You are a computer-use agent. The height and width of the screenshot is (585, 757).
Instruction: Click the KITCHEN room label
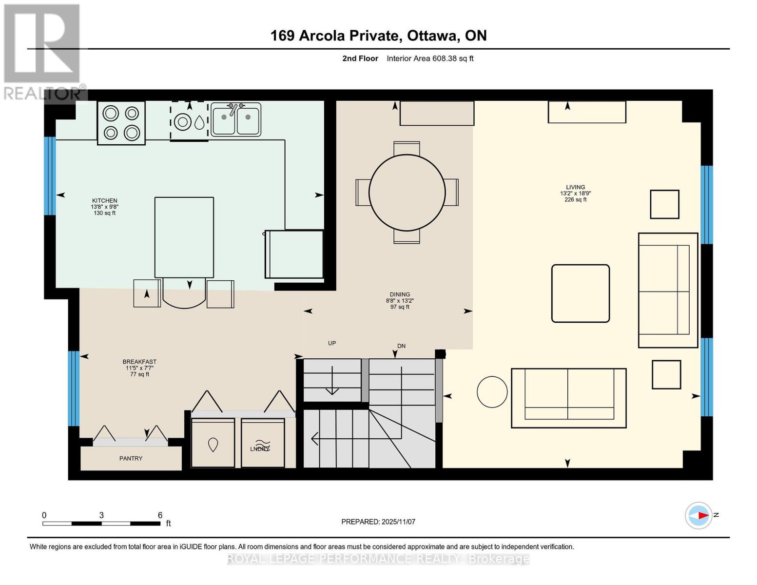pos(104,200)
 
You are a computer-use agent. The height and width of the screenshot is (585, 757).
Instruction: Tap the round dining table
pos(407,193)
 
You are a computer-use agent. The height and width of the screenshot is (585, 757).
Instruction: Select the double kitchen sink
pos(236,119)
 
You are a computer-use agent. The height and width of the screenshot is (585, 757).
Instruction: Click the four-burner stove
pos(121,123)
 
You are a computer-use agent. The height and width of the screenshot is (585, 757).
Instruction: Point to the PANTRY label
pos(131,458)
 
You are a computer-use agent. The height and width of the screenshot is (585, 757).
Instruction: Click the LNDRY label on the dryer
pos(260,448)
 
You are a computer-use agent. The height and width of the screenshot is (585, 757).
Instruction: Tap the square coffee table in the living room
pos(580,293)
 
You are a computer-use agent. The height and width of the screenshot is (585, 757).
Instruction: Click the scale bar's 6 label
pos(160,515)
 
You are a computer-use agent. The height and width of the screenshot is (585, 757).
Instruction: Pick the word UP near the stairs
pos(332,343)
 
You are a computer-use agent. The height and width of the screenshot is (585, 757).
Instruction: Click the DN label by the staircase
pos(401,346)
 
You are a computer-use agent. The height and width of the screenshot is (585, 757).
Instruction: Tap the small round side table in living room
pos(492,391)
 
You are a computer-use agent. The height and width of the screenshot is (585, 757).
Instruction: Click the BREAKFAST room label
pos(139,362)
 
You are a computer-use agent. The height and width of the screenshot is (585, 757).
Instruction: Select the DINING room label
pos(400,294)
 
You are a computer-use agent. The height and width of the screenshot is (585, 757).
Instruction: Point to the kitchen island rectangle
pos(184,237)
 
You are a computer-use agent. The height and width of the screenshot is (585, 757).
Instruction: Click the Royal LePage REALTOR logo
pos(43,51)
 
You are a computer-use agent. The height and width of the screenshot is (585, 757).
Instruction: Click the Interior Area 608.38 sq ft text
pos(430,58)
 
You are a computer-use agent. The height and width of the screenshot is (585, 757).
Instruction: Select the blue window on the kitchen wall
pos(50,175)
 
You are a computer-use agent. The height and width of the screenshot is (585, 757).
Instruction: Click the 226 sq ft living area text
pos(575,200)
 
